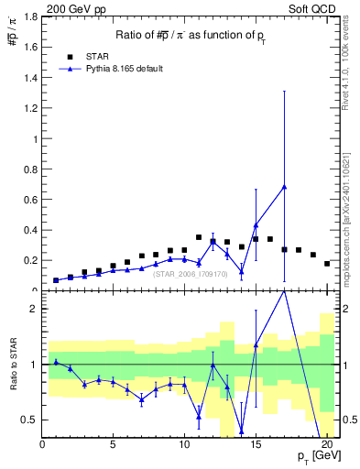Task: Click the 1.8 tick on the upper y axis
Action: (x=30, y=17)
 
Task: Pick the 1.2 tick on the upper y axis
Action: (x=30, y=109)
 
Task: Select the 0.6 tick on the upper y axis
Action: (x=30, y=200)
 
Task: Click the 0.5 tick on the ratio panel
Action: (x=30, y=420)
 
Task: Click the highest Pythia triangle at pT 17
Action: (x=284, y=187)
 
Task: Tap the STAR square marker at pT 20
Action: (x=327, y=264)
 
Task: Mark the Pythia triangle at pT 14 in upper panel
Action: (x=242, y=271)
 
